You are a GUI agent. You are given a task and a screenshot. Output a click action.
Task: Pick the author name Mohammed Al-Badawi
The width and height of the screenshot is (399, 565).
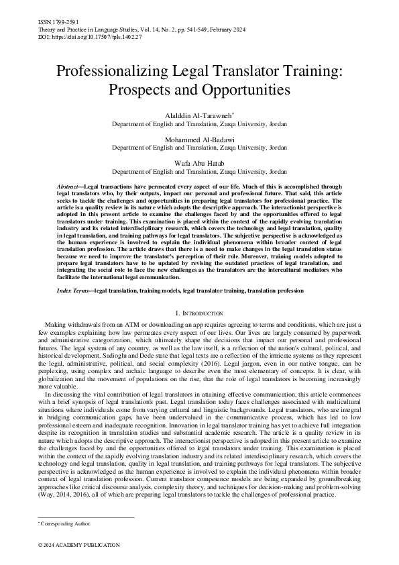(x=199, y=139)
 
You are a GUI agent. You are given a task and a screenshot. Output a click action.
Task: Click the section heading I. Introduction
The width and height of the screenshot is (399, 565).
(x=199, y=313)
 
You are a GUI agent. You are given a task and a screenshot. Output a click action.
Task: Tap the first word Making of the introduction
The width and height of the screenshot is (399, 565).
(x=53, y=325)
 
